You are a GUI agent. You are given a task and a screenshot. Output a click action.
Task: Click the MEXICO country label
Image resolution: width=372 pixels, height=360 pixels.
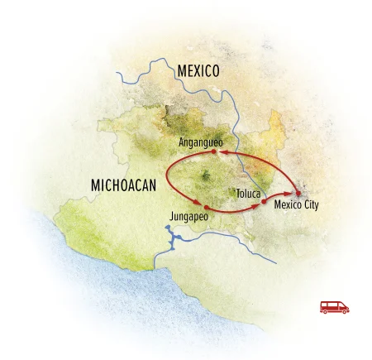click(x=198, y=72)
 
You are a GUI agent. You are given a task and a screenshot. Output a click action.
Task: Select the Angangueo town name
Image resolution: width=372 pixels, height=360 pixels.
click(x=202, y=142)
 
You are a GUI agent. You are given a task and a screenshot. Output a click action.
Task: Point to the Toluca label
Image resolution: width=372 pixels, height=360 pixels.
click(x=246, y=193)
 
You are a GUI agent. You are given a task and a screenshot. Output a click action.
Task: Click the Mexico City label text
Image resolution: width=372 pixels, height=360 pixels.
click(x=295, y=204)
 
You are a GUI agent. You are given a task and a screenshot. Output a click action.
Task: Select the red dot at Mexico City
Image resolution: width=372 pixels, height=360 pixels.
click(x=297, y=193)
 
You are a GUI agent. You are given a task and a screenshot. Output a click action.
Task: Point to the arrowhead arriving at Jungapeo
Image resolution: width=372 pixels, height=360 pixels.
click(x=198, y=204)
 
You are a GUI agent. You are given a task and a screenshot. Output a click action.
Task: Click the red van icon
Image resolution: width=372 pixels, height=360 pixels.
click(x=335, y=307)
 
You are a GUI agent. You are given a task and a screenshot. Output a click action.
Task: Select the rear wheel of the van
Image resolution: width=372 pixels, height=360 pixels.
click(x=327, y=312)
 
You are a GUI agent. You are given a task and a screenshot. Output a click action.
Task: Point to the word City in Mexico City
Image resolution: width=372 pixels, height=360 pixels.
click(x=309, y=204)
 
